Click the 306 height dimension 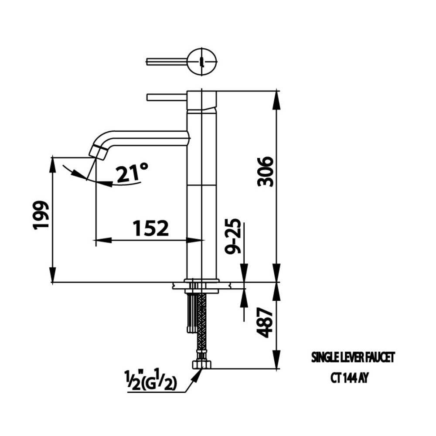click(266, 171)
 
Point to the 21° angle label click(132, 173)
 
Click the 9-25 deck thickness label click(234, 236)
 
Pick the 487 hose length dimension click(266, 323)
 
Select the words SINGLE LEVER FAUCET click(352, 358)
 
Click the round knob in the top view click(203, 61)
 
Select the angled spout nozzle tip click(99, 152)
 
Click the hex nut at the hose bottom click(201, 363)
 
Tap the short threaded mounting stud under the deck click(191, 312)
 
